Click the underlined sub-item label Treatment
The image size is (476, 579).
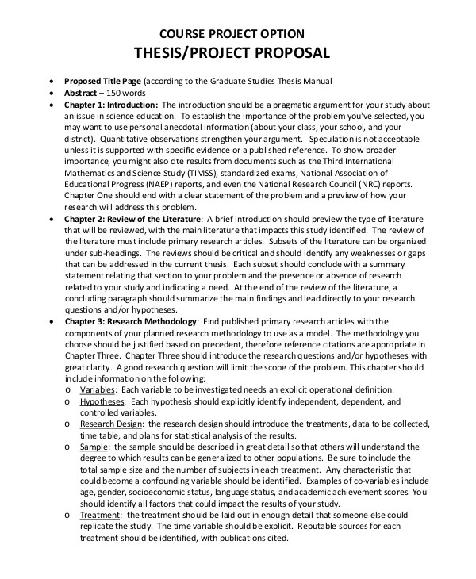coord(100,515)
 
